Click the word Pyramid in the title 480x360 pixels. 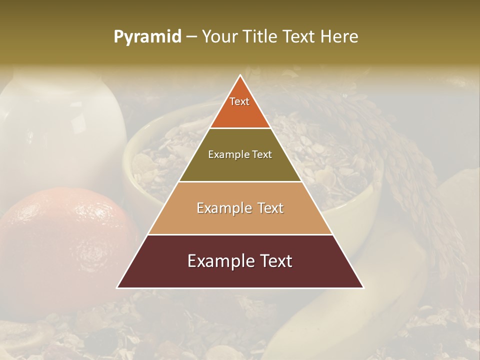pos(147,37)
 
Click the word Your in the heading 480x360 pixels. pos(218,37)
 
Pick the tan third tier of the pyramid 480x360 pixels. pos(240,220)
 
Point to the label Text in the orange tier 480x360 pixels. pos(239,101)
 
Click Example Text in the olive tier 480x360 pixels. pos(240,154)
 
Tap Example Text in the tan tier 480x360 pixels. pos(240,208)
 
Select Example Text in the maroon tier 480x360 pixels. pos(240,261)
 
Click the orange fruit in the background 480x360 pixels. pos(60,240)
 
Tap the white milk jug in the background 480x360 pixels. pos(60,130)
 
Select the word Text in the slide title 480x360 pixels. pos(300,37)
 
